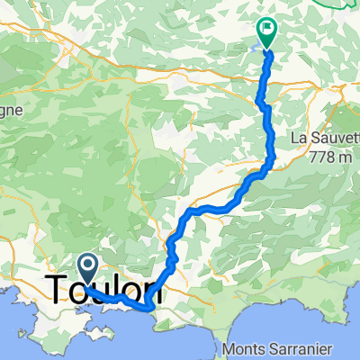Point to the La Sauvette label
pyautogui.click(x=323, y=139)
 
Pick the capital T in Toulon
pyautogui.click(x=55, y=291)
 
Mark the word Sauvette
pyautogui.click(x=333, y=139)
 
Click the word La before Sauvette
pyautogui.click(x=298, y=139)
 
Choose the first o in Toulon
pyautogui.click(x=76, y=291)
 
